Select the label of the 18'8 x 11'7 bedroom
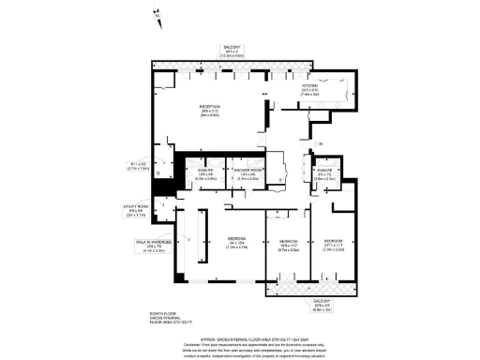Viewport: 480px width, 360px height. (288, 245)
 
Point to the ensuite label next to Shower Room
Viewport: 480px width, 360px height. (206, 172)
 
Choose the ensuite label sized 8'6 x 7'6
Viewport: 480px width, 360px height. (324, 173)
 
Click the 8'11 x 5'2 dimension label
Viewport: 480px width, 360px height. (137, 168)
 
